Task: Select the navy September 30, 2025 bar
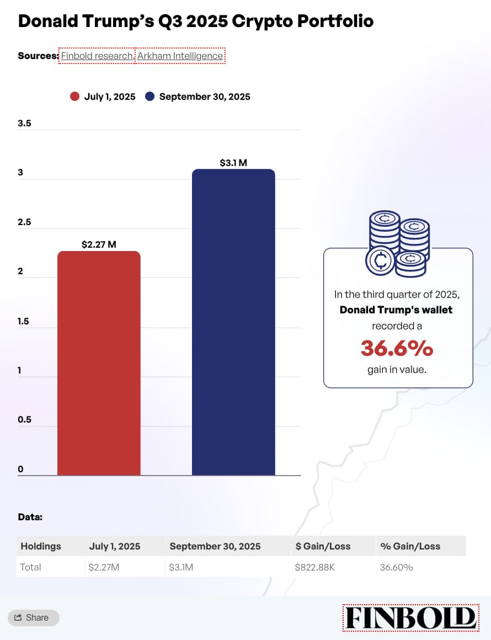(x=233, y=322)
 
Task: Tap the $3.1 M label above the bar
(x=233, y=163)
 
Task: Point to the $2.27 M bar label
(x=99, y=244)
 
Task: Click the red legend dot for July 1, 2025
(x=74, y=97)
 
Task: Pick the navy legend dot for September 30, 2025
(x=150, y=97)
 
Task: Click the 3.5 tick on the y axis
(x=24, y=123)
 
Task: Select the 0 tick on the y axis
(x=20, y=470)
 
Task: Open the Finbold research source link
(x=97, y=56)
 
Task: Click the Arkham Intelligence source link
(x=180, y=56)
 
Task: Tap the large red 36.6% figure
(x=397, y=348)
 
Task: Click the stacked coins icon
(x=397, y=243)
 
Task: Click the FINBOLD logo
(x=409, y=617)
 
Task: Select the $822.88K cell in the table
(x=314, y=567)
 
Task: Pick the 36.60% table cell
(x=396, y=567)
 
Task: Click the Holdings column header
(x=41, y=546)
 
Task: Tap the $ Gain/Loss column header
(x=323, y=546)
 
